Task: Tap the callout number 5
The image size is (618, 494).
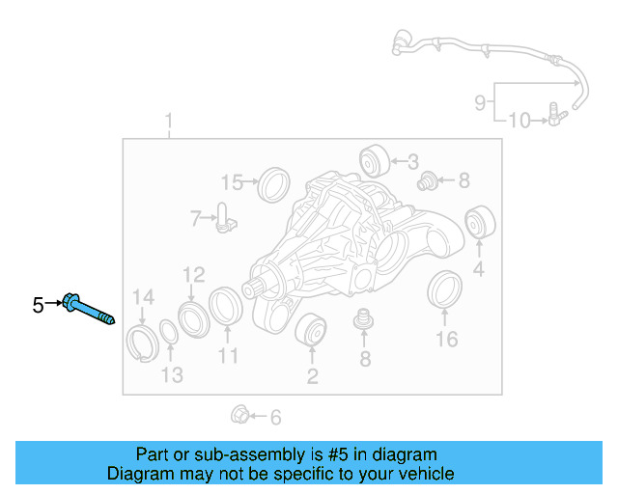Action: (38, 306)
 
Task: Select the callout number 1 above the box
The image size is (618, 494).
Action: (169, 123)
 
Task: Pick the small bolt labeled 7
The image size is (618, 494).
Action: (224, 218)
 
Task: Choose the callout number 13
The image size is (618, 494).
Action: (171, 374)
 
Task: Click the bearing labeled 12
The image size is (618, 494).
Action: (192, 319)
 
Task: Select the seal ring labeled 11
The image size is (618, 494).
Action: (226, 307)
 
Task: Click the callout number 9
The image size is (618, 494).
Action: (480, 101)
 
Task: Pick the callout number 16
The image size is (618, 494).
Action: (446, 339)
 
